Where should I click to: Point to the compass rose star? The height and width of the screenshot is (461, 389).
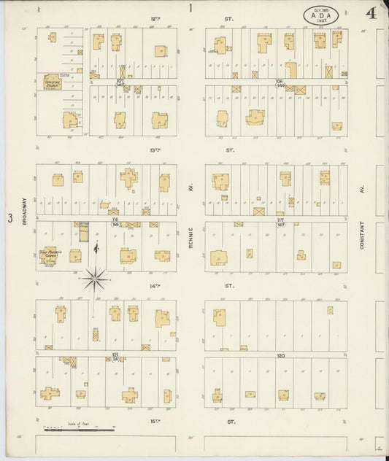point(96,276)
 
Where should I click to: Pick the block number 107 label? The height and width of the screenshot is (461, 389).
point(120,82)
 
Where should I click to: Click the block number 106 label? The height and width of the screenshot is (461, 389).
point(278,82)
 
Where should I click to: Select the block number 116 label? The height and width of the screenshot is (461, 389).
point(115,221)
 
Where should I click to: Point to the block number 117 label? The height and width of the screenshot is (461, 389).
point(280,221)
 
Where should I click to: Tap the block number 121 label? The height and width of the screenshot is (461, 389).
point(115,355)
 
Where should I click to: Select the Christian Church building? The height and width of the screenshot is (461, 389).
point(51,82)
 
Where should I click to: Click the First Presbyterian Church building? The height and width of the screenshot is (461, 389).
point(50,253)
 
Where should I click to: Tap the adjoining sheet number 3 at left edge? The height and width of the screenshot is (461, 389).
point(9,218)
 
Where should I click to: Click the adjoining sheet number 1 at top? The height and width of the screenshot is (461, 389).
point(190,8)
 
